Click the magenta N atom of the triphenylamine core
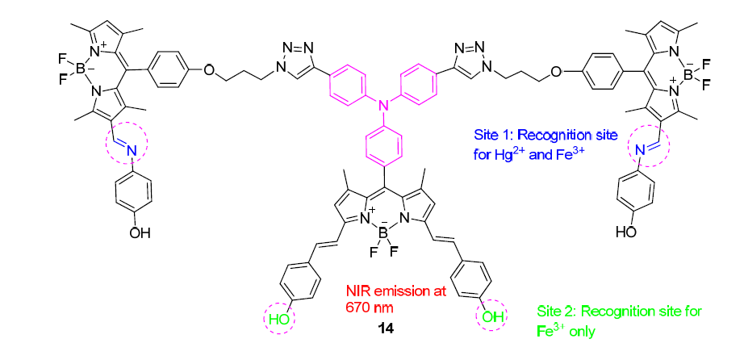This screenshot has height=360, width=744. click(x=384, y=104)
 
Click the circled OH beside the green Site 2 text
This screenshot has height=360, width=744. click(x=491, y=317)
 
